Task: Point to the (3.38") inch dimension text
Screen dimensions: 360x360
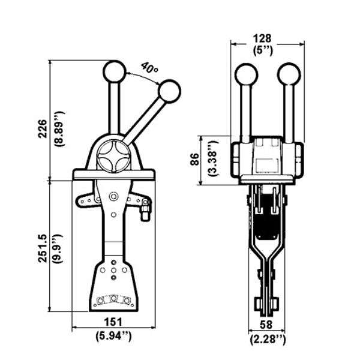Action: click(x=211, y=158)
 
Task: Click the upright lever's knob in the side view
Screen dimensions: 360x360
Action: click(x=114, y=71)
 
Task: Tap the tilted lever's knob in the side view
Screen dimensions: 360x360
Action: click(x=169, y=91)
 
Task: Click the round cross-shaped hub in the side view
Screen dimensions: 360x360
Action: click(x=114, y=155)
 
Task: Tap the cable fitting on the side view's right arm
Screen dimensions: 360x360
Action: click(x=145, y=211)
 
